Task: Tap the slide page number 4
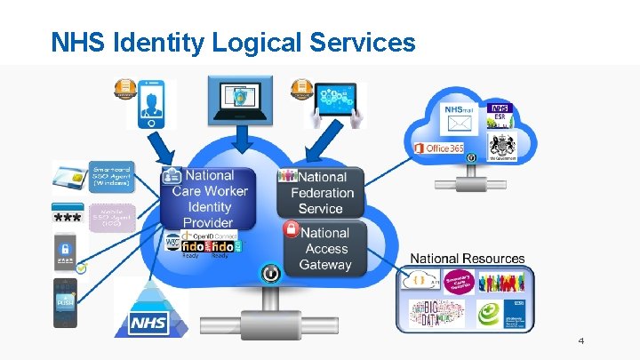click(580, 341)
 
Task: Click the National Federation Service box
click(321, 192)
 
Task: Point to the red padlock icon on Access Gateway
click(291, 229)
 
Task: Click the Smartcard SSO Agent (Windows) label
click(111, 175)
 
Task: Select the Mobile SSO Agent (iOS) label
click(111, 219)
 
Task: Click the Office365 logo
click(442, 147)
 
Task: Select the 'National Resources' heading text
click(467, 259)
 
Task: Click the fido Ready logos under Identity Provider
click(209, 245)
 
